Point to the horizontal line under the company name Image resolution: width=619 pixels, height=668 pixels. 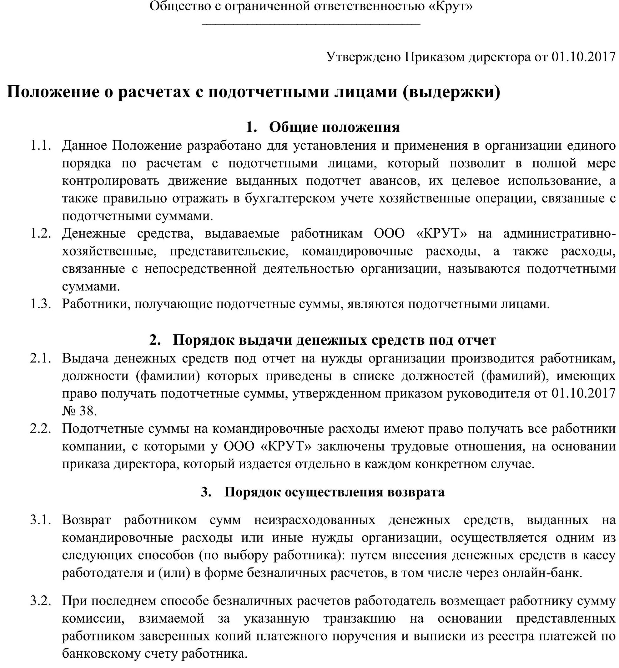pyautogui.click(x=311, y=24)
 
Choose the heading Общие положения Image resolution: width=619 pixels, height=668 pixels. pyautogui.click(x=334, y=127)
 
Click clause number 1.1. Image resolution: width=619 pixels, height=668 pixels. pyautogui.click(x=41, y=146)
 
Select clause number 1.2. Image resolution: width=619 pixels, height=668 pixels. pyautogui.click(x=41, y=234)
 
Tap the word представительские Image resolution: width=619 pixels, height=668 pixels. pyautogui.click(x=229, y=251)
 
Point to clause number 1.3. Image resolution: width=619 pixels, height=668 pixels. pyautogui.click(x=41, y=304)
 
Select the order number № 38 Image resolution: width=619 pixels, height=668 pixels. pyautogui.click(x=79, y=411)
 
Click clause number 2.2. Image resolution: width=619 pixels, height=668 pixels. pyautogui.click(x=41, y=429)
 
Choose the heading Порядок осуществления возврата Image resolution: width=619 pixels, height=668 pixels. pyautogui.click(x=334, y=492)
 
